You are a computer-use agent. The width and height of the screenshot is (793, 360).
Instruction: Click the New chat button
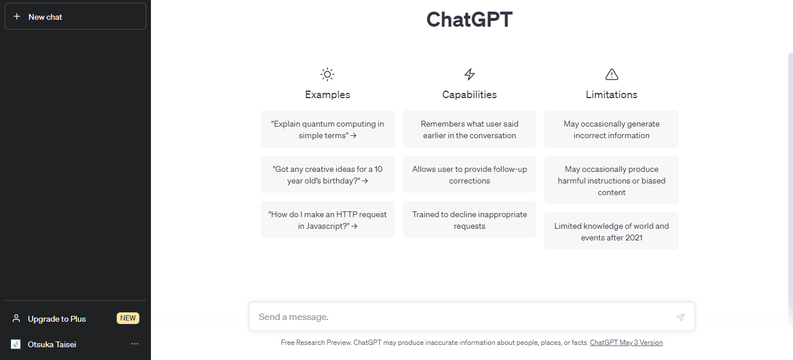75,17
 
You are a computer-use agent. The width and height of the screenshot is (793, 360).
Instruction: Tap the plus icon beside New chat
17,16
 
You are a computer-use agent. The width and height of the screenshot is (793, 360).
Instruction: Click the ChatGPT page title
470,19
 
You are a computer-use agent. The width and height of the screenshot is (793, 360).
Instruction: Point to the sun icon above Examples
327,74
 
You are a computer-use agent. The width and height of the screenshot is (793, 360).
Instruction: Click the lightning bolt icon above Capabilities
470,74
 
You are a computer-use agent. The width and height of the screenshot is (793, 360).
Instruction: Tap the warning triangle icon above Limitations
612,74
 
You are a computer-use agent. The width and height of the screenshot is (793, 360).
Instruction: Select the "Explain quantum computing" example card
327,129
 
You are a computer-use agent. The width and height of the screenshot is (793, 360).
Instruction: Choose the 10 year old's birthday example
327,175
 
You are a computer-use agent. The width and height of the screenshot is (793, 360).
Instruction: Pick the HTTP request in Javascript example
327,220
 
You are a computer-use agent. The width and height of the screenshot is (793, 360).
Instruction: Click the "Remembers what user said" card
470,129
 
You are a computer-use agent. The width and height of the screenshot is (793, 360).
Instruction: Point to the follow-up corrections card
470,175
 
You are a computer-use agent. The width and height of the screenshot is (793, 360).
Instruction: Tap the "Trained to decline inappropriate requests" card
470,220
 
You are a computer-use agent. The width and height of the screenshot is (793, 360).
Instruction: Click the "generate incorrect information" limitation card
611,129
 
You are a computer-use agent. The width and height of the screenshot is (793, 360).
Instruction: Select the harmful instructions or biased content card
611,180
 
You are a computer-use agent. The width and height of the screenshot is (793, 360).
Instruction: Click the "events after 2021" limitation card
611,231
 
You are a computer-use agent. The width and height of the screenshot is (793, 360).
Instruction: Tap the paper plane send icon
680,317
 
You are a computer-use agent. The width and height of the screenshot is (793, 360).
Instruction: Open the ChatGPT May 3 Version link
626,343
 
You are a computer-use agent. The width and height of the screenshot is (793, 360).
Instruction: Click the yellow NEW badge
128,318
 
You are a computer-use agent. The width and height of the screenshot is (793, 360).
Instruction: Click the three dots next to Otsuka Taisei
135,344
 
